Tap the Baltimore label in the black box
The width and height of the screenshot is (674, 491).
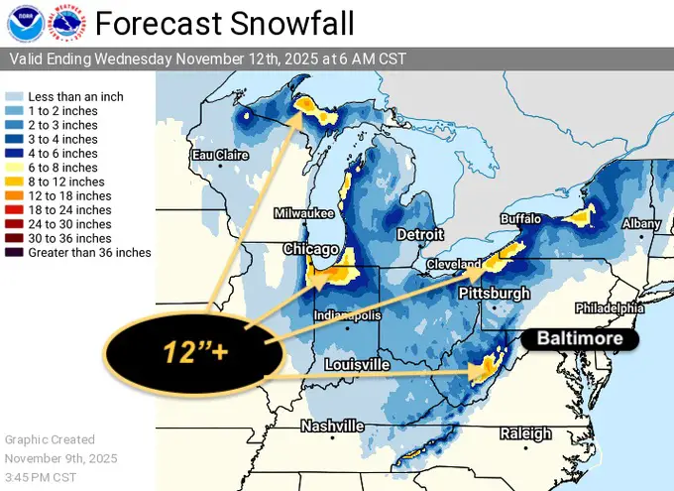coord(580,339)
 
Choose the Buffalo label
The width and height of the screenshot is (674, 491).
coord(521,218)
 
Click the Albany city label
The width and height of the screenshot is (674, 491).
coord(640,224)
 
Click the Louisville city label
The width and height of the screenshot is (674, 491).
coord(357,365)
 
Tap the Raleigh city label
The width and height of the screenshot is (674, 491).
coord(525,433)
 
